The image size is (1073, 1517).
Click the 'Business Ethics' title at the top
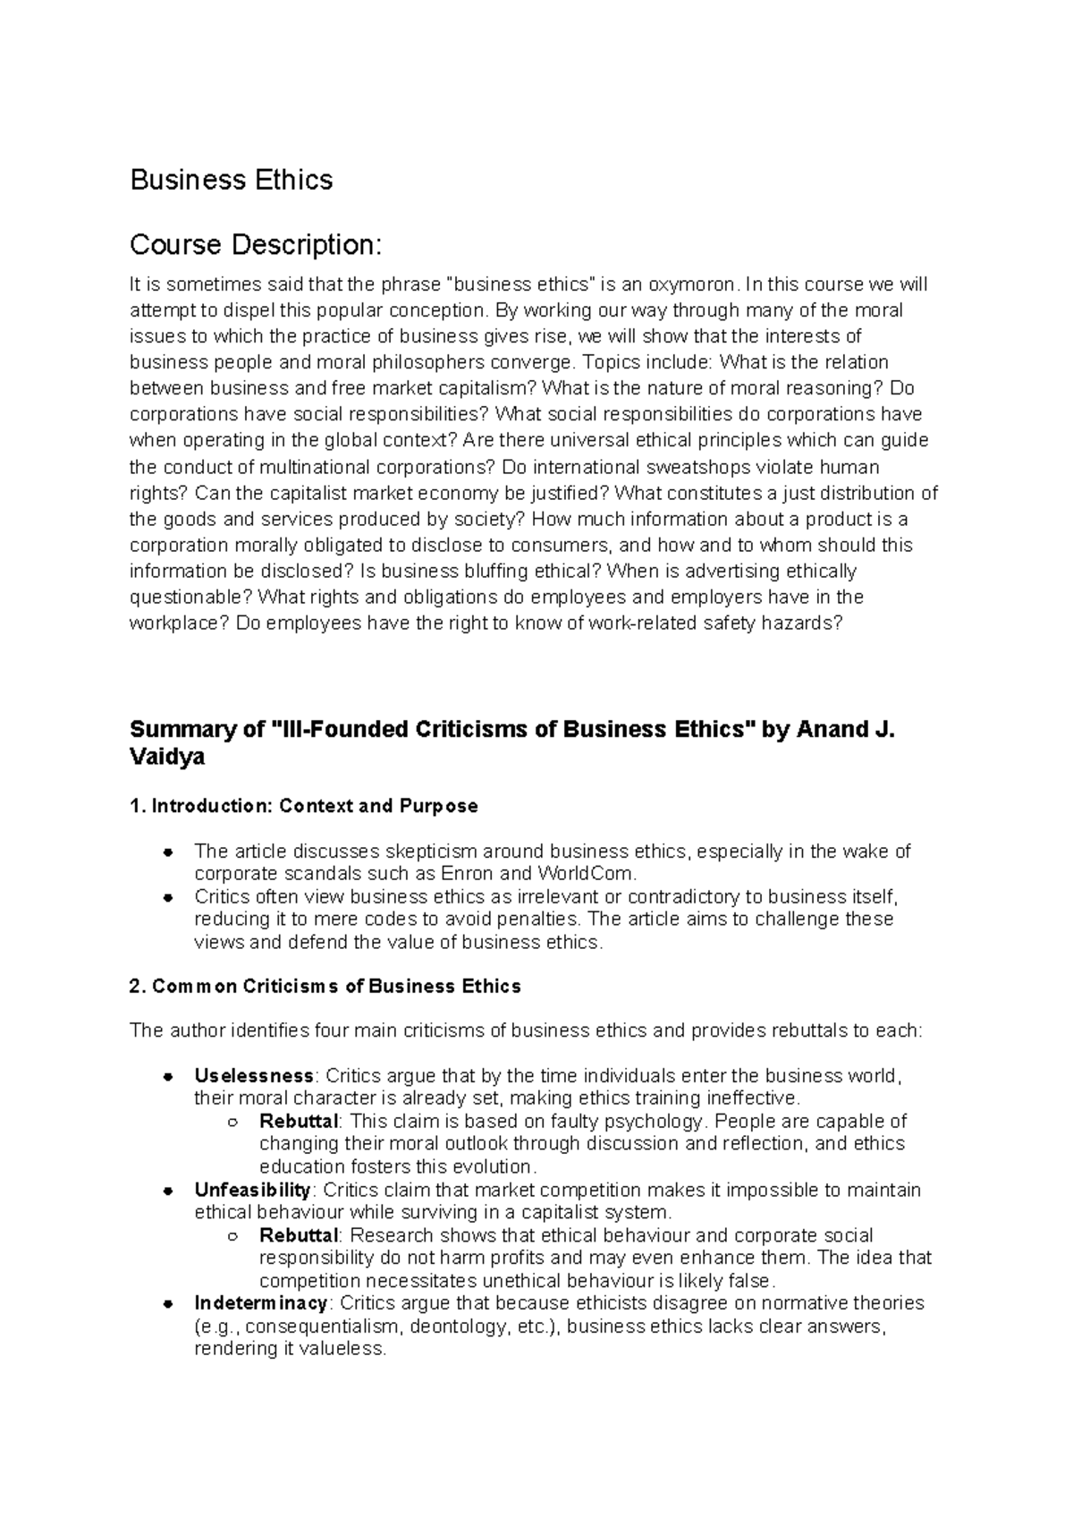pyautogui.click(x=232, y=180)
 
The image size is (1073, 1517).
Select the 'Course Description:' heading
pyautogui.click(x=256, y=244)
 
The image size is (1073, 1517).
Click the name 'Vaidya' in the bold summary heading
pyautogui.click(x=167, y=757)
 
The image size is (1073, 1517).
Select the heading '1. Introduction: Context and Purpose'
pyautogui.click(x=303, y=806)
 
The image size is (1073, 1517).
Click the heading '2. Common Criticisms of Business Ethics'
pyautogui.click(x=325, y=987)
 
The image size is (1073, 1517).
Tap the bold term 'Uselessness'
pyautogui.click(x=254, y=1075)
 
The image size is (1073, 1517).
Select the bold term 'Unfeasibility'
pyautogui.click(x=252, y=1190)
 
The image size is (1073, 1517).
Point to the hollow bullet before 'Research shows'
pyautogui.click(x=232, y=1236)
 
